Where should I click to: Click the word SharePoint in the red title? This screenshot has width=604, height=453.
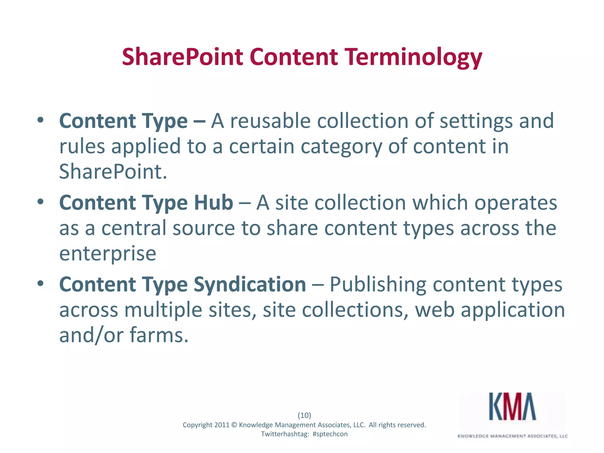point(182,57)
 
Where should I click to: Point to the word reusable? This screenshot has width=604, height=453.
point(270,121)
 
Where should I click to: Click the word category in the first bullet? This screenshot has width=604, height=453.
point(341,147)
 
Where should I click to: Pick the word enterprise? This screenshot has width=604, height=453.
point(108,254)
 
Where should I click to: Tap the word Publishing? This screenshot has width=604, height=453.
point(378,284)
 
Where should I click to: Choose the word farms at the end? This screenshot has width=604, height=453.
point(159,335)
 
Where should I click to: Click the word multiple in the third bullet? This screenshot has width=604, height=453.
point(163,310)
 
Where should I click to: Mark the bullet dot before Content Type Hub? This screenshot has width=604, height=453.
point(40,202)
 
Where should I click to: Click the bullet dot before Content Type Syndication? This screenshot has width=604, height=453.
point(40,284)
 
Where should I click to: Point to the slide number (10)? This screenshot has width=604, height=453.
point(304,415)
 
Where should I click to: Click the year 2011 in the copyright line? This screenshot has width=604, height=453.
point(222,425)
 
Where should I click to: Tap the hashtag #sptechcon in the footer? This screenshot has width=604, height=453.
point(330,434)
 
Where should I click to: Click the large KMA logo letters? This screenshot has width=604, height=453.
point(513,407)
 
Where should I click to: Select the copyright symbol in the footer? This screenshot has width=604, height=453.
point(234,425)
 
